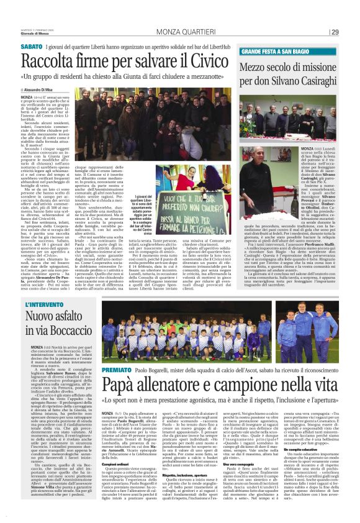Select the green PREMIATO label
(x=116, y=369)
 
